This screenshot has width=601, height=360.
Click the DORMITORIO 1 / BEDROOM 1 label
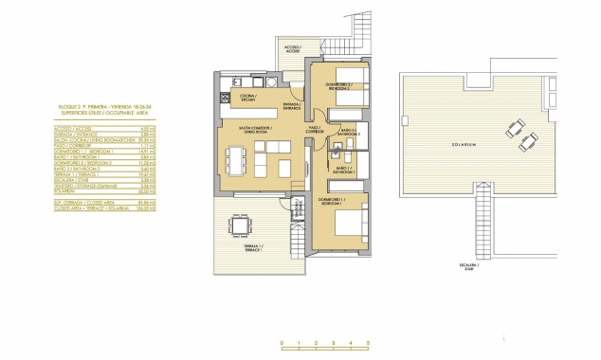coord(331,201)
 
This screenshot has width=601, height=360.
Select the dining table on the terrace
coord(241,225)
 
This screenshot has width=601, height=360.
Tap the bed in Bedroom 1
coord(350,222)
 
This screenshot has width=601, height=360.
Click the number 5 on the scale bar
coord(367,342)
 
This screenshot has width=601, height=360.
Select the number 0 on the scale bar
coord(282,342)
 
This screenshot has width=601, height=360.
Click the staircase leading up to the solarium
coord(479,226)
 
